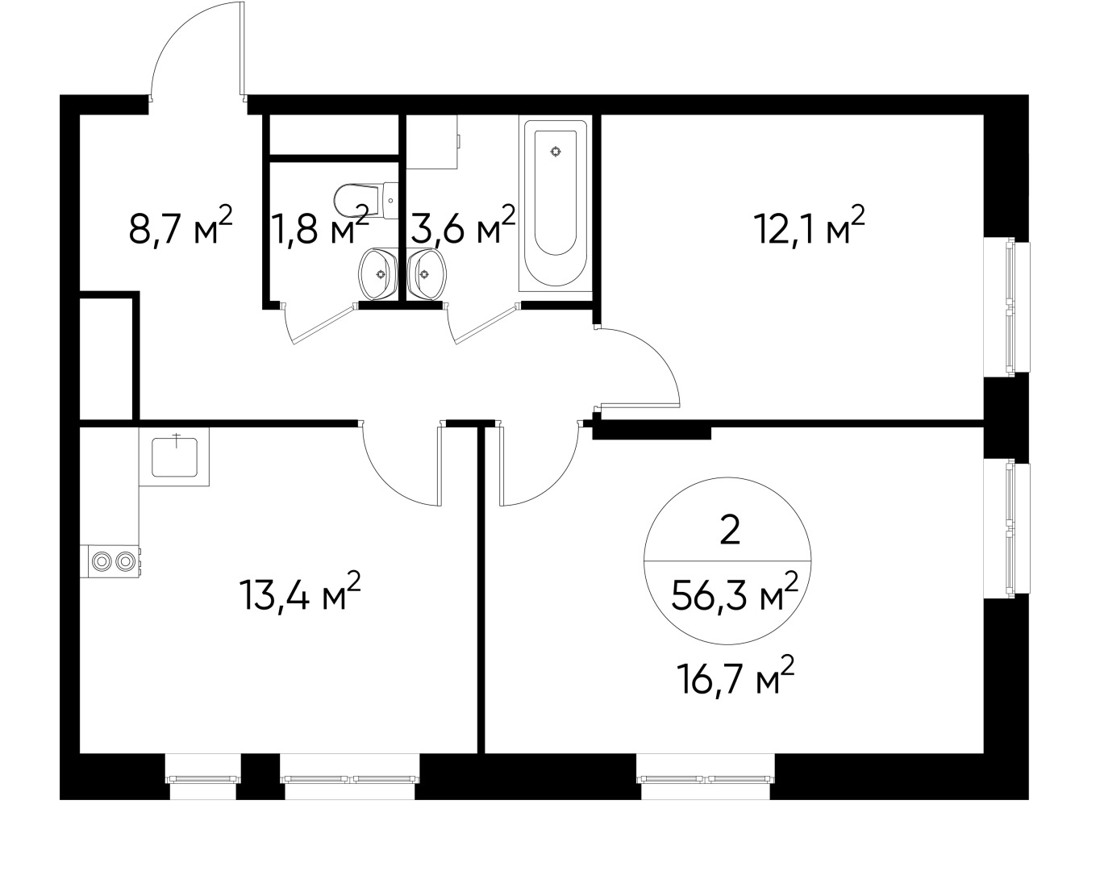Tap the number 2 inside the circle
tap(729, 532)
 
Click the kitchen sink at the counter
tap(174, 456)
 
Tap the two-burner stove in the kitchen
tap(111, 561)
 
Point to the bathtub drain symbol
tap(555, 152)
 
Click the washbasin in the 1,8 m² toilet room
tap(377, 273)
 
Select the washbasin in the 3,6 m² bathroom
tap(426, 273)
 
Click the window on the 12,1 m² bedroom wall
tap(1008, 306)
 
